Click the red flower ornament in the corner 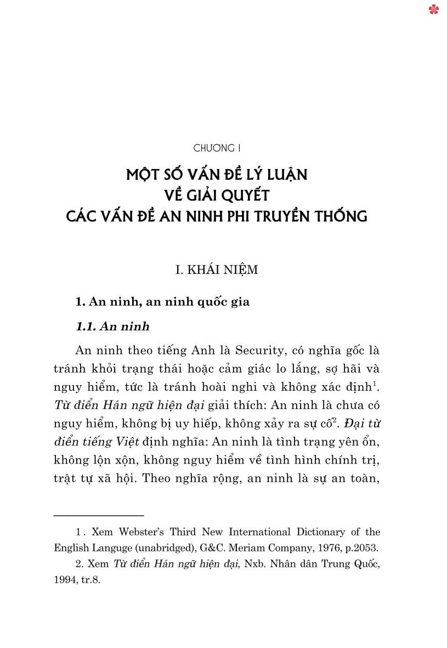[434, 9]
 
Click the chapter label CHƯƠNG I [218, 149]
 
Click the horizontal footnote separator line [99, 515]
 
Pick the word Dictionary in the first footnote [320, 532]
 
